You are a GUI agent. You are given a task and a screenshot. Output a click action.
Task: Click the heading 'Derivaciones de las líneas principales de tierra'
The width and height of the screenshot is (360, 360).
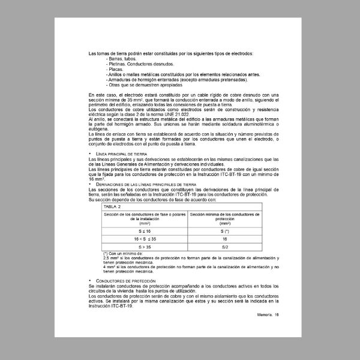(146, 185)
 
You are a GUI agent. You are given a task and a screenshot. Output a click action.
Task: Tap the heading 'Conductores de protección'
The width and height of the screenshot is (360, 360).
(126, 281)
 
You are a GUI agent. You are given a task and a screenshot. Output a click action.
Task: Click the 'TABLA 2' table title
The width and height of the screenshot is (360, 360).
(113, 206)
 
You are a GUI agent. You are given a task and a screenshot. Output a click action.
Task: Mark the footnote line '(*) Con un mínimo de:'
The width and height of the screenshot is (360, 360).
(123, 254)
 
